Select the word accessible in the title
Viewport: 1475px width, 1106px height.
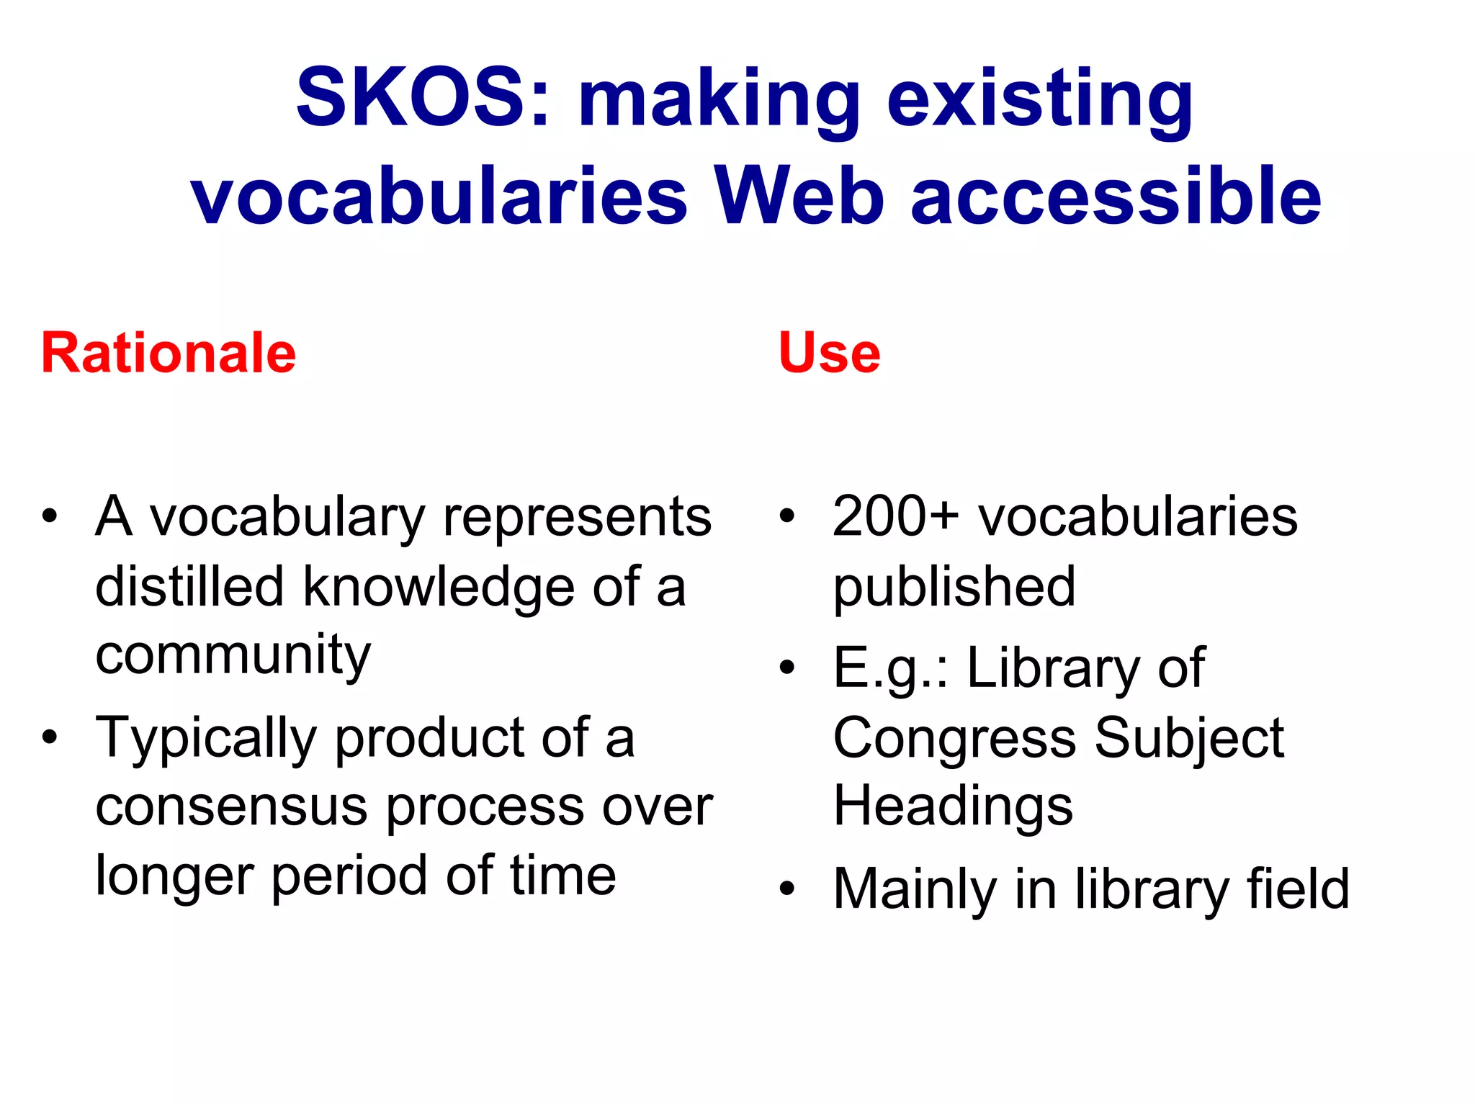click(1116, 196)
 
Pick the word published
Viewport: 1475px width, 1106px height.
click(954, 587)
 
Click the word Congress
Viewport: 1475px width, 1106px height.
click(954, 738)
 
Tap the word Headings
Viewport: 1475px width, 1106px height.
click(952, 806)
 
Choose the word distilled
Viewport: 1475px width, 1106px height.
click(189, 587)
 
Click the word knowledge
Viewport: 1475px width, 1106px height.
click(439, 587)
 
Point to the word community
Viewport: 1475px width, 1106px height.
click(233, 656)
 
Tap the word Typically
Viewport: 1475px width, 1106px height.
click(206, 738)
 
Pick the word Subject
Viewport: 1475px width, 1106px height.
click(1189, 738)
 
